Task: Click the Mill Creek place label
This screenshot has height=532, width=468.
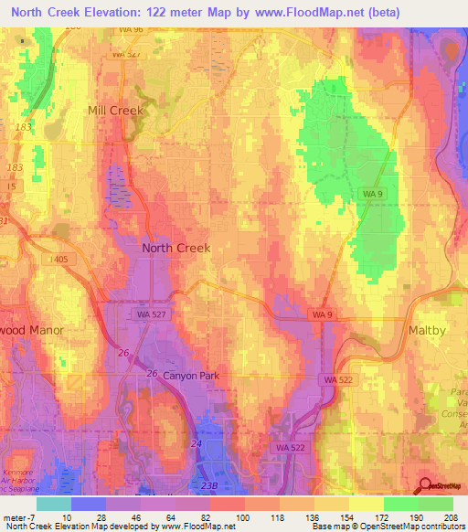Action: pyautogui.click(x=116, y=111)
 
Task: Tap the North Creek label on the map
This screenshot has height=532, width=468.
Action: pyautogui.click(x=175, y=248)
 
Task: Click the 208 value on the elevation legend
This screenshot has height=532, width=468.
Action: pyautogui.click(x=447, y=518)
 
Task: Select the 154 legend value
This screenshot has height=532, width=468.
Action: pyautogui.click(x=346, y=518)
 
